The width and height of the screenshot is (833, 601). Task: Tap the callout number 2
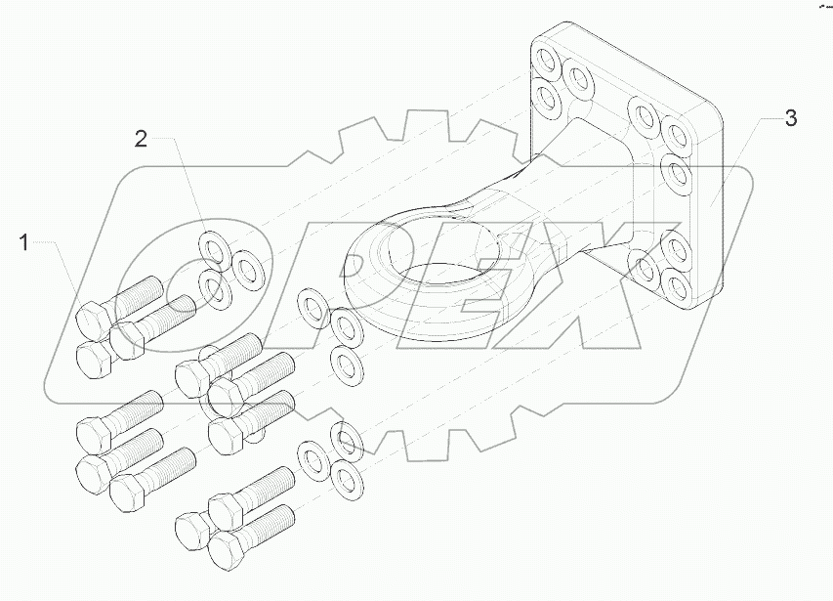[141, 139]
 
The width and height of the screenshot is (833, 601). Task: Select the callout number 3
[790, 119]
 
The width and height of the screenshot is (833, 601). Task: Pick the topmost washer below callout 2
[210, 245]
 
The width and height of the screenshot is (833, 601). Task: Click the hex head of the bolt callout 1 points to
[95, 322]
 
